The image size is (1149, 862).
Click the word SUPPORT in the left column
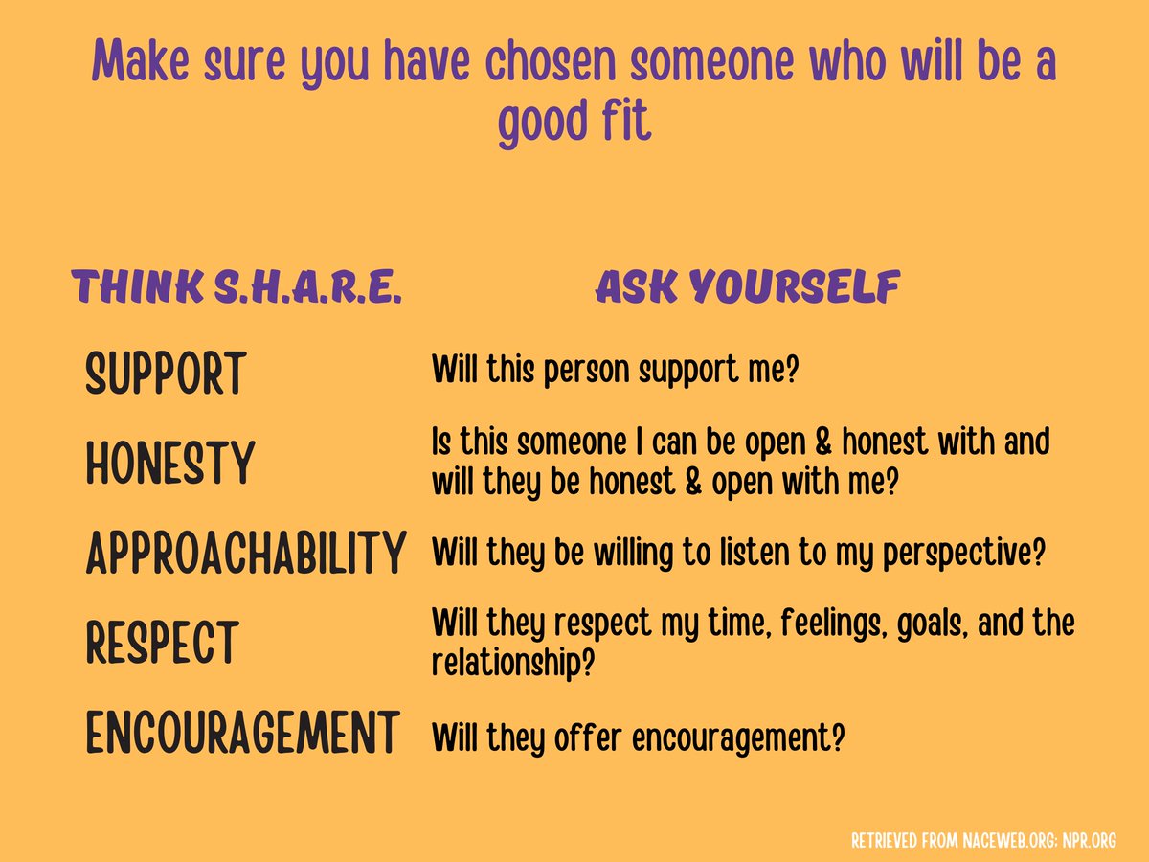pyautogui.click(x=166, y=374)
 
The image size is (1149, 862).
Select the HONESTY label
pyautogui.click(x=170, y=464)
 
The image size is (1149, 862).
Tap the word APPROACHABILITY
pyautogui.click(x=245, y=553)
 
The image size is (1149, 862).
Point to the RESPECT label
pyautogui.click(x=162, y=643)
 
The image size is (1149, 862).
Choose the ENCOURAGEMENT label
pyautogui.click(x=241, y=734)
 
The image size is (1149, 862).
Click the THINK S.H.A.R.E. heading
pyautogui.click(x=236, y=288)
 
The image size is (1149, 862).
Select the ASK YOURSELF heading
pyautogui.click(x=748, y=288)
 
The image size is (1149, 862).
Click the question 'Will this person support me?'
pyautogui.click(x=615, y=370)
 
